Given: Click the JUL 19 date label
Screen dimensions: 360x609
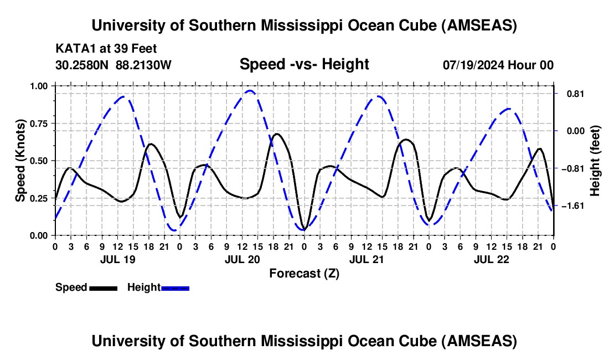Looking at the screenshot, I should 117,259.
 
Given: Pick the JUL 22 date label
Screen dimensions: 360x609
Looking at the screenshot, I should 491,259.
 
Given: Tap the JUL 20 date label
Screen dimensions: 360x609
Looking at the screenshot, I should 241,259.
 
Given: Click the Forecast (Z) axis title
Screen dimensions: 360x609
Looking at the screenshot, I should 304,273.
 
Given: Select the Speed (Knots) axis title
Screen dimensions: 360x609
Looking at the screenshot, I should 20,161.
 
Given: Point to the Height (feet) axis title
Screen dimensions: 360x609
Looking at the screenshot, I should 595,161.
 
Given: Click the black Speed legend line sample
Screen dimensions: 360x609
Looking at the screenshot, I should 103,287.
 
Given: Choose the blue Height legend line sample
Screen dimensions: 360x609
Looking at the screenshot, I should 175,287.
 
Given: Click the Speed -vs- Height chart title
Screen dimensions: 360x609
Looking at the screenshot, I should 304,64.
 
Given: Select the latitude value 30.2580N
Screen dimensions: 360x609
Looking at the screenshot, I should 83,65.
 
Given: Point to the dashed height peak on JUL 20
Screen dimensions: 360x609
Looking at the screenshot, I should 250,91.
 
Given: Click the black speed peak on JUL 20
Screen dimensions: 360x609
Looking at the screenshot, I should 277,133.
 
